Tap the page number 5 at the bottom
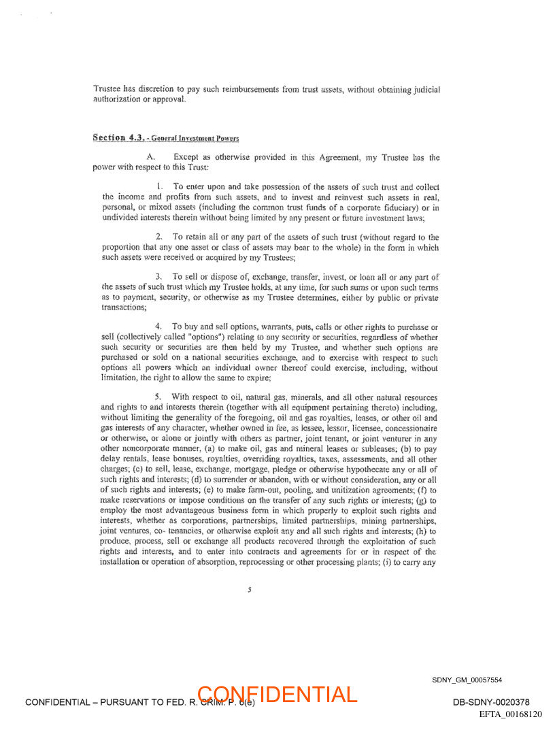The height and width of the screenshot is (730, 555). (250, 590)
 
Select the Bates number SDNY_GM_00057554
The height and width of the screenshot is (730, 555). (467, 680)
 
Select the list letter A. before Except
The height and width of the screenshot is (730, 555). (150, 157)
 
